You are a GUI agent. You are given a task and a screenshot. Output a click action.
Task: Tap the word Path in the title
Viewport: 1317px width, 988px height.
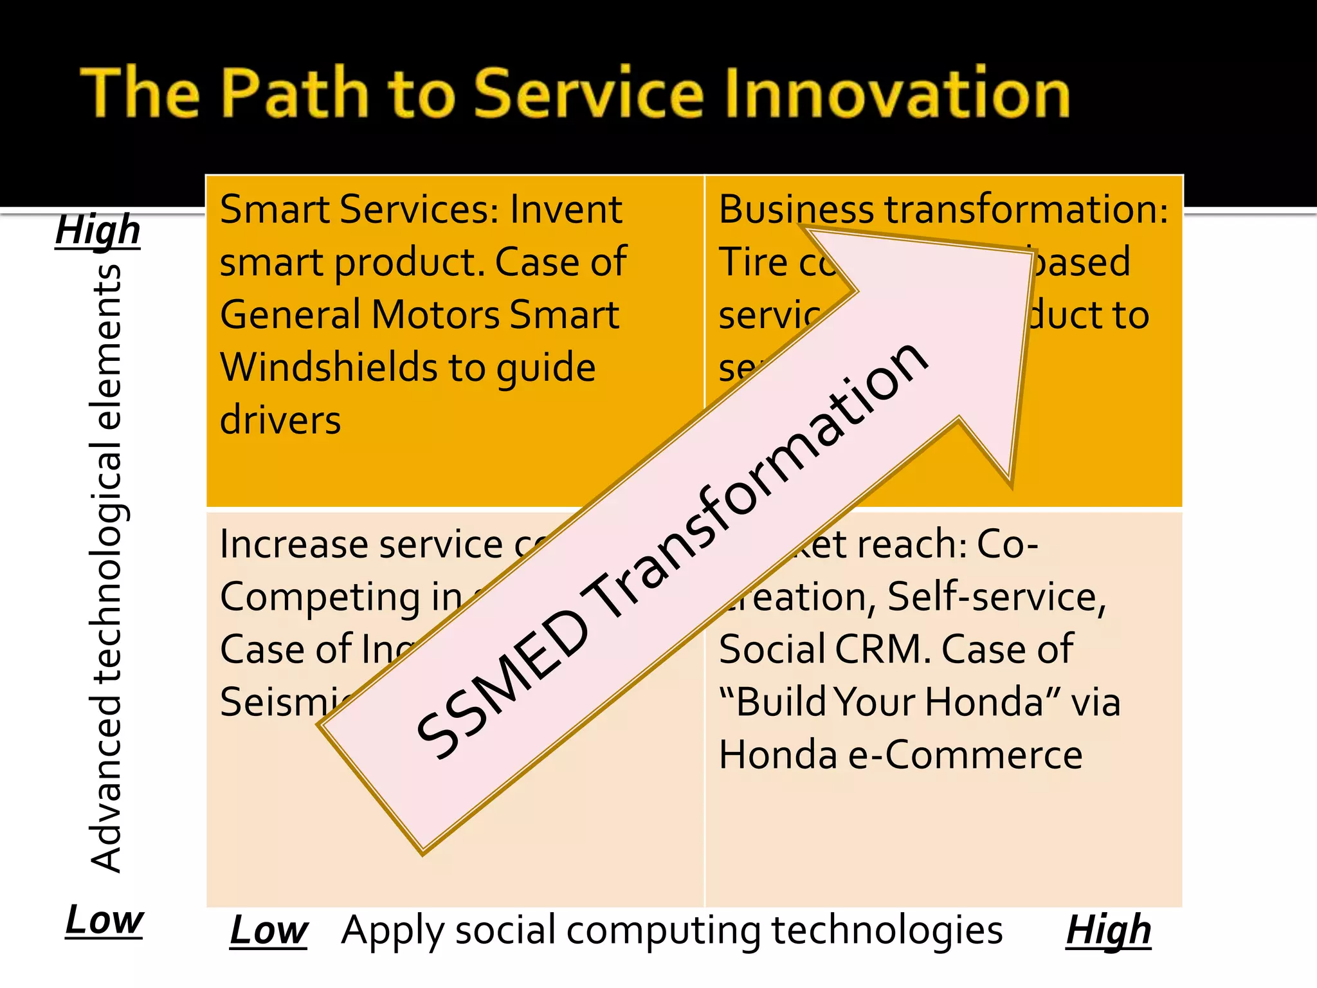[295, 93]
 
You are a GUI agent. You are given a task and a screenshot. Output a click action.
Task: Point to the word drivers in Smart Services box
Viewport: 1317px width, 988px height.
[280, 420]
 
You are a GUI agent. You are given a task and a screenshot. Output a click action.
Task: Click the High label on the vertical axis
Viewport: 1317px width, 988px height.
[98, 230]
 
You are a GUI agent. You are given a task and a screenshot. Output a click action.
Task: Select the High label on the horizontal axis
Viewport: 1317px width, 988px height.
[1108, 930]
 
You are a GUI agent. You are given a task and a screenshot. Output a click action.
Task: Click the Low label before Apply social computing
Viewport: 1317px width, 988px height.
[269, 930]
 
